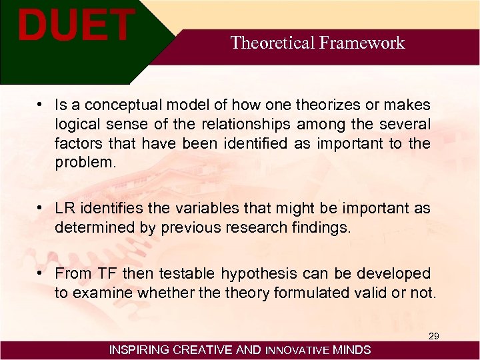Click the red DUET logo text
click(75, 25)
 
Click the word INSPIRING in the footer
click(139, 350)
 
